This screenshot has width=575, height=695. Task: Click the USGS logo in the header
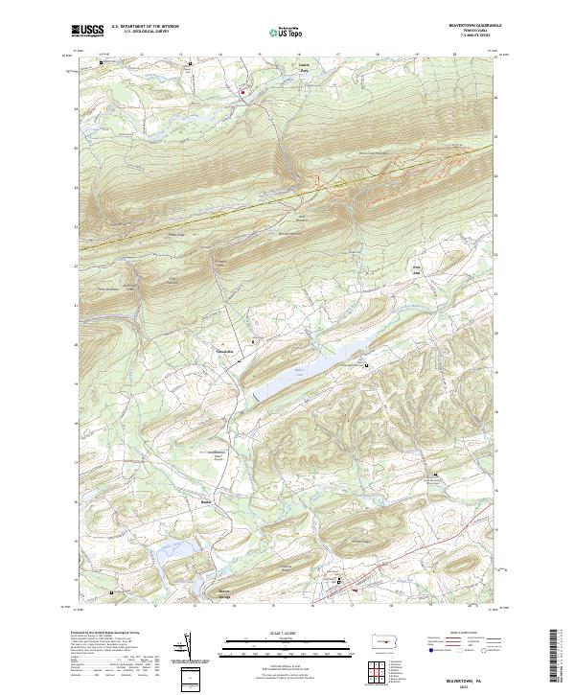pyautogui.click(x=87, y=31)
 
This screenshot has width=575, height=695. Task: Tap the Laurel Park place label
pyautogui.click(x=279, y=70)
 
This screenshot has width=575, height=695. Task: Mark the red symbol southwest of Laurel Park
pyautogui.click(x=242, y=92)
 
